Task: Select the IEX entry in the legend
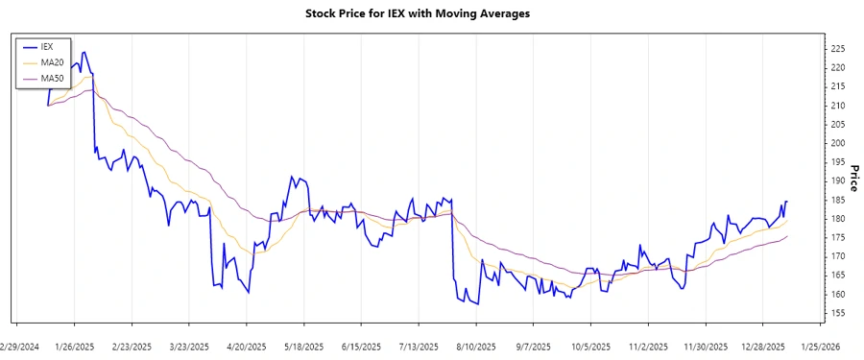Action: coord(47,46)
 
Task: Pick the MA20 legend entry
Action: coord(52,61)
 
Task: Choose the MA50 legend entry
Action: coord(52,78)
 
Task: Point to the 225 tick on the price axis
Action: coord(838,49)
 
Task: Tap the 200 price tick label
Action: coord(838,143)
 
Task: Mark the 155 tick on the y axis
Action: coord(838,313)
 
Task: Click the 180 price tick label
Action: coord(838,219)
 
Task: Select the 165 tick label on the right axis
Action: coord(838,276)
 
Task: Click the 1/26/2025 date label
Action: coord(75,346)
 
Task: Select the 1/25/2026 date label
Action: coord(821,346)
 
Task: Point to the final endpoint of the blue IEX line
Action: coord(787,202)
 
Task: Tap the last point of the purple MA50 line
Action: coord(787,236)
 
